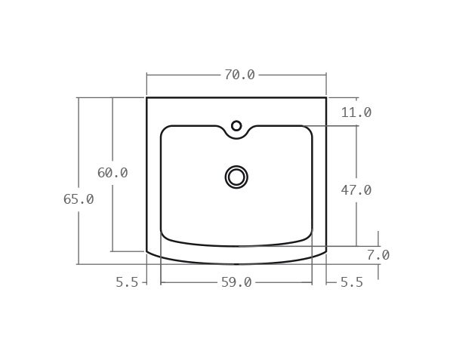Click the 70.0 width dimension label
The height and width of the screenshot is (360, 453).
[239, 75]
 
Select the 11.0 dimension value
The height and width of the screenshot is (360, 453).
[356, 112]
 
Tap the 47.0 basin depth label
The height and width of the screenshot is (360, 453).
[356, 190]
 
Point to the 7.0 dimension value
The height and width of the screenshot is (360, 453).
[377, 255]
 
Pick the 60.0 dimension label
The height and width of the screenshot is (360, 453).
[112, 173]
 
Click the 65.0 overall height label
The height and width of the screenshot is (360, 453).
[79, 199]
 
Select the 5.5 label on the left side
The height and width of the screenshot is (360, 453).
[127, 282]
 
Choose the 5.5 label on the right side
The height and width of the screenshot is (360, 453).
[351, 282]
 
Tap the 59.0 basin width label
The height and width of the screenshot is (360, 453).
[236, 282]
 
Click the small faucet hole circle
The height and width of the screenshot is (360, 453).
[236, 126]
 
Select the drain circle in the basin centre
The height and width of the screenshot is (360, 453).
[236, 177]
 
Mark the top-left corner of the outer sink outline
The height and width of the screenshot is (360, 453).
[146, 97]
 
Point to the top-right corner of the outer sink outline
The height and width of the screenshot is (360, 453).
[326, 97]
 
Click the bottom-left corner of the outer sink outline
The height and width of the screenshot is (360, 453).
[146, 251]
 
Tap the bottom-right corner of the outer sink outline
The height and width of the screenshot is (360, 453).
[326, 251]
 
